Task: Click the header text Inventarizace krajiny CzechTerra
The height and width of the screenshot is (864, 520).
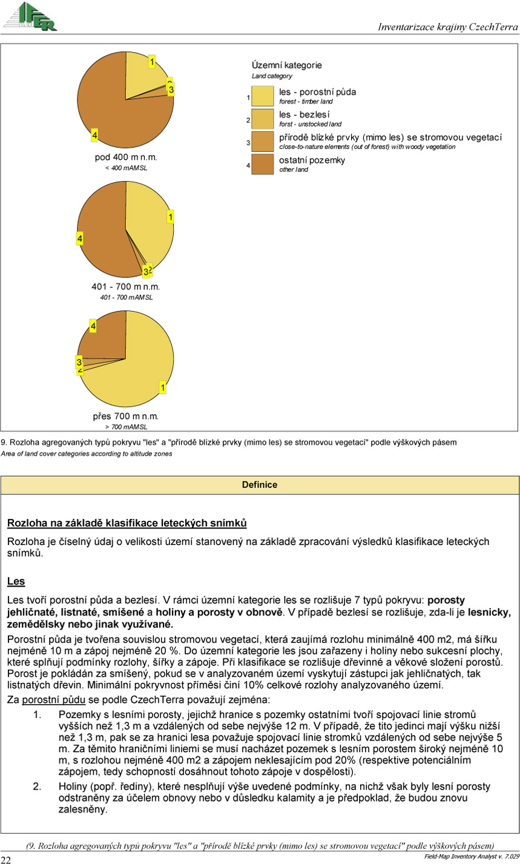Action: pos(447,27)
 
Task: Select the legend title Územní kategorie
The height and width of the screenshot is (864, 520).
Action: pos(286,65)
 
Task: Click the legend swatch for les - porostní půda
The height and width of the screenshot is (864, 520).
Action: pos(263,96)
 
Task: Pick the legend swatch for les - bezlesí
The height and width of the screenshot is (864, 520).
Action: pos(263,119)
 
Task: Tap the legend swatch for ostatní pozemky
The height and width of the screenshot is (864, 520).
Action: pos(263,164)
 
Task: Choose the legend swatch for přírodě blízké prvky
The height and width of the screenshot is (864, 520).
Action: pos(263,142)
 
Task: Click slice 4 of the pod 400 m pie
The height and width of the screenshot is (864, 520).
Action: pos(115,115)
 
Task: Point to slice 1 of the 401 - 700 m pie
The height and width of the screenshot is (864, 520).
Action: pos(148,224)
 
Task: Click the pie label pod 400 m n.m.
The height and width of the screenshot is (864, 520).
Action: pos(126,157)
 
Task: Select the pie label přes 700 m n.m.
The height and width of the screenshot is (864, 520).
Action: pos(125,417)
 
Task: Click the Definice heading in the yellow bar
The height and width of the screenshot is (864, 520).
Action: pos(259,485)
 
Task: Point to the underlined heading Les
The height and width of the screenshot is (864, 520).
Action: pos(16,582)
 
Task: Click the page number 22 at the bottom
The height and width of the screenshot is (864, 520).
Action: pos(7,859)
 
